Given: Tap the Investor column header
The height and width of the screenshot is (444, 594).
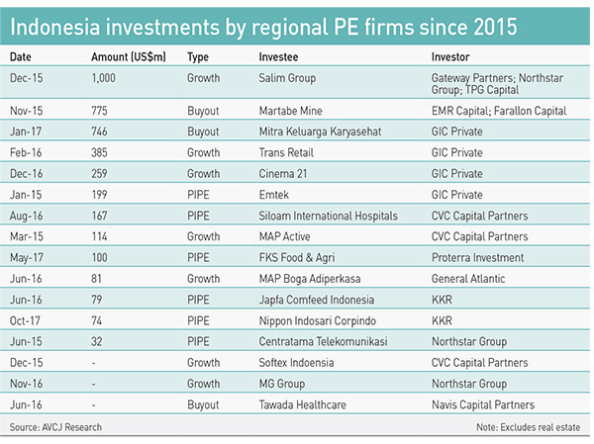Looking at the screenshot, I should point(451,57).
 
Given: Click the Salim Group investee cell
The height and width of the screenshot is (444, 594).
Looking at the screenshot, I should point(287,77).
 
